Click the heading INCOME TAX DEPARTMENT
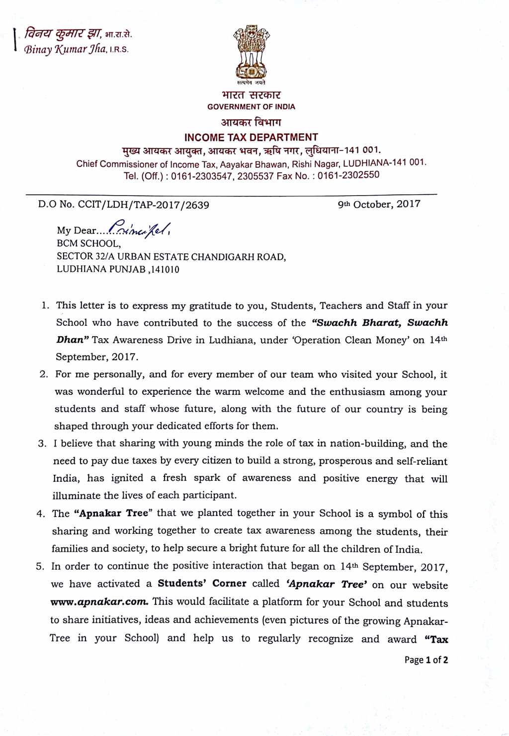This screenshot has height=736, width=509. [x=251, y=138]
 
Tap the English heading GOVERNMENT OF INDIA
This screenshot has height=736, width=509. [x=251, y=107]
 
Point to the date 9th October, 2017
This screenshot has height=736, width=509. [x=379, y=204]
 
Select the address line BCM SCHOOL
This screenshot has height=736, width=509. [x=88, y=244]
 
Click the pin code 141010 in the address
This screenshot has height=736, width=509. [x=164, y=270]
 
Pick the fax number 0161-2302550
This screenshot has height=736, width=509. [x=348, y=175]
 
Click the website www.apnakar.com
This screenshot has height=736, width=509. [x=99, y=602]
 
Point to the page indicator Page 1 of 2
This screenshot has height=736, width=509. [x=426, y=660]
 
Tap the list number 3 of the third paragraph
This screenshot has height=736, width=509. [x=42, y=443]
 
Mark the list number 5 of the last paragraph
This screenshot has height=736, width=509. [x=40, y=566]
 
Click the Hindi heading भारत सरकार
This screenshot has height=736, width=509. [x=251, y=95]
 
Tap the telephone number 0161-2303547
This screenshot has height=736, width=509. [x=201, y=176]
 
